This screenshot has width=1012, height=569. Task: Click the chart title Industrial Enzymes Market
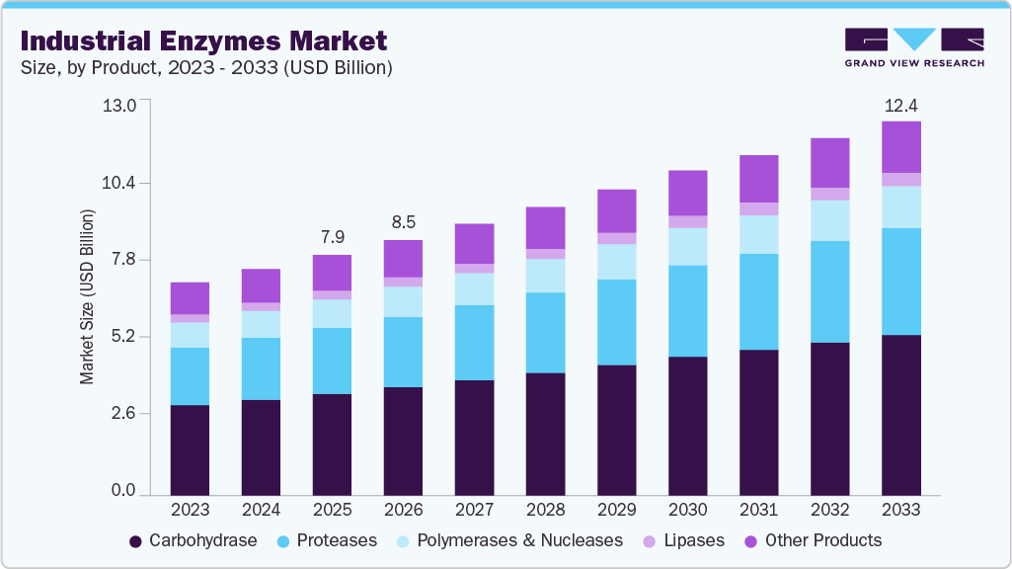[x=203, y=41]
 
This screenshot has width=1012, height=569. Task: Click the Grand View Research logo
[x=913, y=47]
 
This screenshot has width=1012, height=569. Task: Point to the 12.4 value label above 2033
[x=900, y=105]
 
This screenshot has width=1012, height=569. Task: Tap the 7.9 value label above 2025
[x=332, y=237]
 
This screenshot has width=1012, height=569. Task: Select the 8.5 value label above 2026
[x=403, y=222]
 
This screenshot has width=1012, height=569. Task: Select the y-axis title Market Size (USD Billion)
[x=87, y=297]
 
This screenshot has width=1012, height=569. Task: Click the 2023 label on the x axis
[x=190, y=510]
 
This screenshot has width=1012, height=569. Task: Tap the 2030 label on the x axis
[x=687, y=510]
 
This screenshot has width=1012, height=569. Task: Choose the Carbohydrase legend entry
[x=193, y=540]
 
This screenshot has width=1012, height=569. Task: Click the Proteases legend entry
[x=327, y=540]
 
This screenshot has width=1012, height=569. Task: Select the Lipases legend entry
[x=683, y=540]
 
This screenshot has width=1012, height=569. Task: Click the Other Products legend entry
[x=814, y=540]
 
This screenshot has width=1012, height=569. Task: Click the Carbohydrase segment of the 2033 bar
[x=900, y=414]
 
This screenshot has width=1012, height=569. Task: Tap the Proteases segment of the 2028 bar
[x=545, y=333]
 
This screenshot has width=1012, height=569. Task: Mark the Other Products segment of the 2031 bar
[x=758, y=179]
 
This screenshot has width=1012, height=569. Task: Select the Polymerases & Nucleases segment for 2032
[x=829, y=220]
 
